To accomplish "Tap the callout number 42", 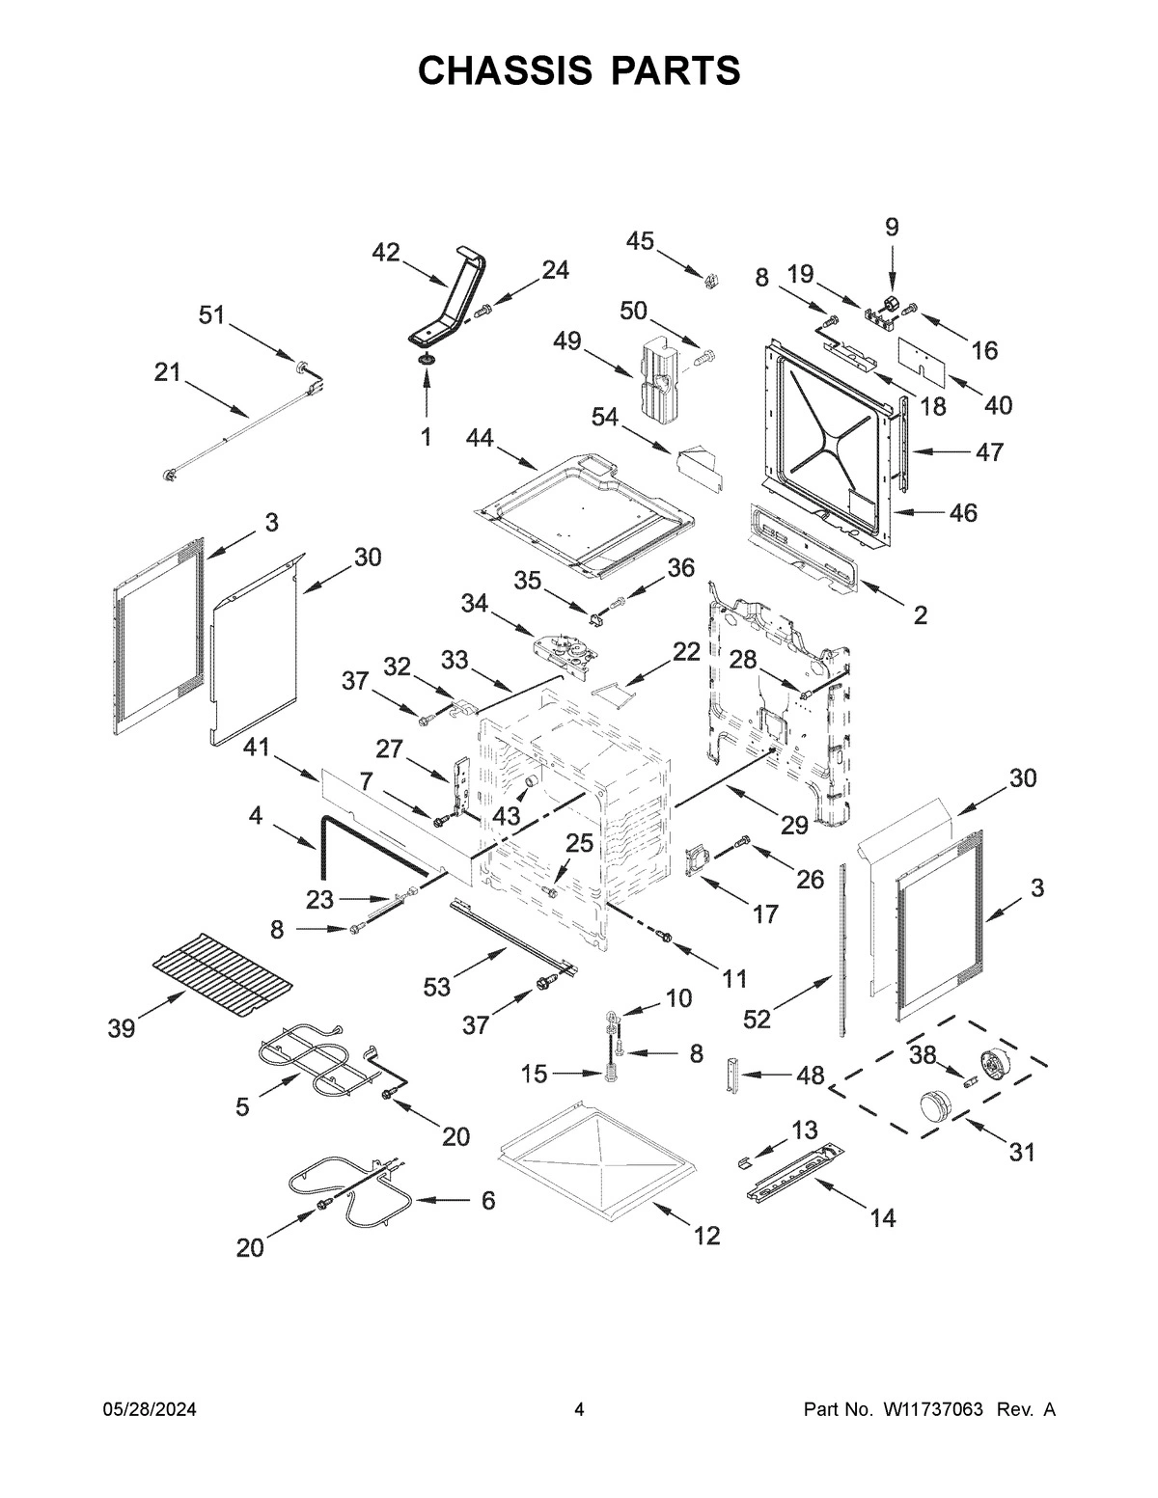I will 386,253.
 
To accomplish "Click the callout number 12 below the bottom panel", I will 706,1235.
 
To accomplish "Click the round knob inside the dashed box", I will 933,1104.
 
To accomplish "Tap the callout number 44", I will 480,438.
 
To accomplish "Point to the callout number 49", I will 567,341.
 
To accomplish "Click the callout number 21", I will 168,372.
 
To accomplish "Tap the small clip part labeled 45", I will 712,280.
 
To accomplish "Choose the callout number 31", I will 1021,1151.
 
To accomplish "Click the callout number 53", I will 437,987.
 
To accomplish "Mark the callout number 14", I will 882,1218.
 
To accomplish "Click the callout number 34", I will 475,604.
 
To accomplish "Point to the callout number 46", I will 962,512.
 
